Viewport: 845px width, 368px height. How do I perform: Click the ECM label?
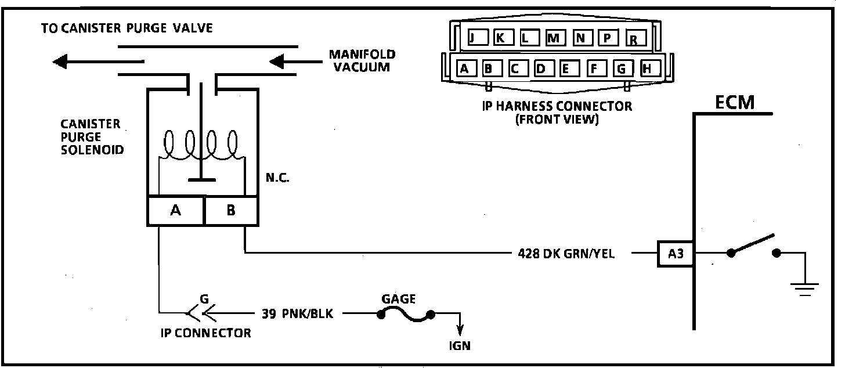coord(734,103)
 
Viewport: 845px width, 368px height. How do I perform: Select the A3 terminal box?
coord(676,254)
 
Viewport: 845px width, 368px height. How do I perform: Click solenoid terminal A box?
coord(175,211)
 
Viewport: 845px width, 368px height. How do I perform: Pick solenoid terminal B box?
coord(231,211)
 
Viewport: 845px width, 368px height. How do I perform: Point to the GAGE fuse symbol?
coord(406,315)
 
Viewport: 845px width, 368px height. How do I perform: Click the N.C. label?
coord(277,178)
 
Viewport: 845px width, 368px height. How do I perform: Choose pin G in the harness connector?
coord(622,69)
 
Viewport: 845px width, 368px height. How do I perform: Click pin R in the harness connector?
coord(634,39)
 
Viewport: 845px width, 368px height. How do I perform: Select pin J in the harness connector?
coord(472,38)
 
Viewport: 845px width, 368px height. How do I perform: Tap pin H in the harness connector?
coord(648,69)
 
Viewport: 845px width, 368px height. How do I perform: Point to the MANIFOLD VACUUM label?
coord(362,60)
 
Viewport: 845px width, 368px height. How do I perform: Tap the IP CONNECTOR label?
coord(205,333)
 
